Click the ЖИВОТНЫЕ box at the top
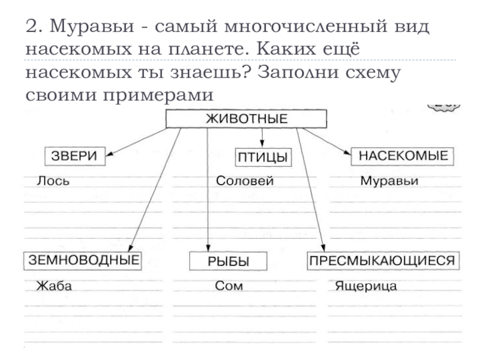click(x=246, y=119)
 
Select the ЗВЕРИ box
click(x=76, y=156)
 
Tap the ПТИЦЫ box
click(x=262, y=157)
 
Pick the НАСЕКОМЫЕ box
click(x=403, y=156)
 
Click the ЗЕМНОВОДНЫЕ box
click(x=82, y=260)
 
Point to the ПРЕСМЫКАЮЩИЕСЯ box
click(x=383, y=260)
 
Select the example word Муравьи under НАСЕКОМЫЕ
click(x=389, y=181)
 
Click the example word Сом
click(x=229, y=286)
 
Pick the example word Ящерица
click(x=366, y=286)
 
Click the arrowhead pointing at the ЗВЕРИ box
click(x=110, y=158)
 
